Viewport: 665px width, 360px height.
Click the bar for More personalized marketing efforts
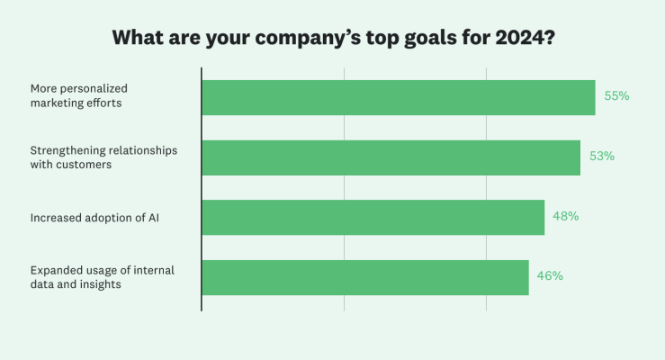[x=398, y=97]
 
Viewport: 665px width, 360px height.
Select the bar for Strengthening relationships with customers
[x=391, y=157]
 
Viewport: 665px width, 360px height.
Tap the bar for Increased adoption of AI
[x=373, y=217]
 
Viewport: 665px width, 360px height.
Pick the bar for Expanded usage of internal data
[x=364, y=277]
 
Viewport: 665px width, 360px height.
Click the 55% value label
[x=616, y=96]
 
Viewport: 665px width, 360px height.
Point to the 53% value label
[x=602, y=157]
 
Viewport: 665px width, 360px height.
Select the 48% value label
[x=566, y=217]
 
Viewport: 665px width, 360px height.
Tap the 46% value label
[x=550, y=276]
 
